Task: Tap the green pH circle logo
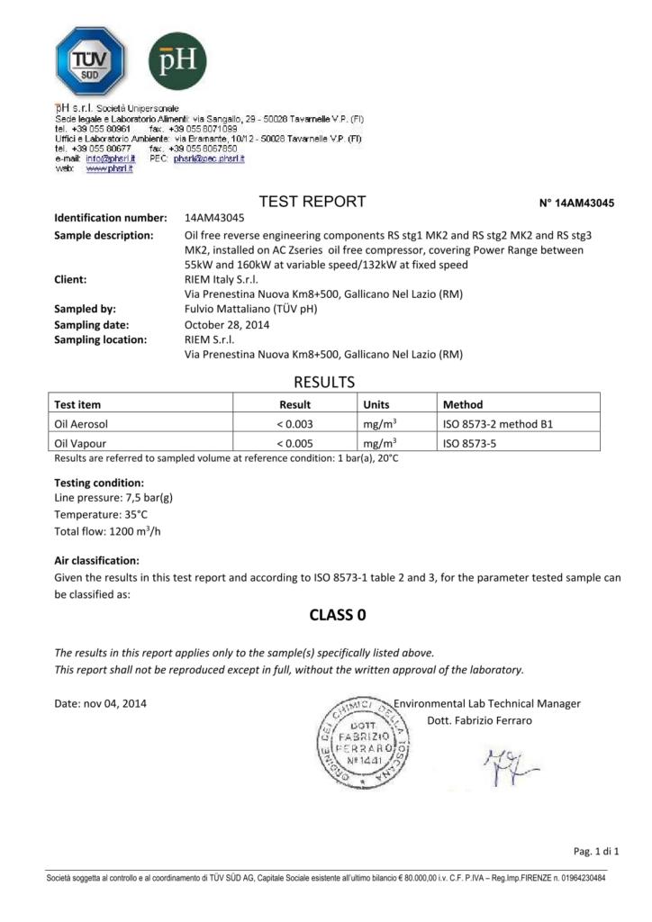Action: pos(177,61)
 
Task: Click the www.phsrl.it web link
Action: pos(109,168)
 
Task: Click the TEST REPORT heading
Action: pos(312,202)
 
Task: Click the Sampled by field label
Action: pos(87,309)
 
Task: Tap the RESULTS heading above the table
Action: pos(326,382)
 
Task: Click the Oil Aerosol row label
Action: pos(82,424)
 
